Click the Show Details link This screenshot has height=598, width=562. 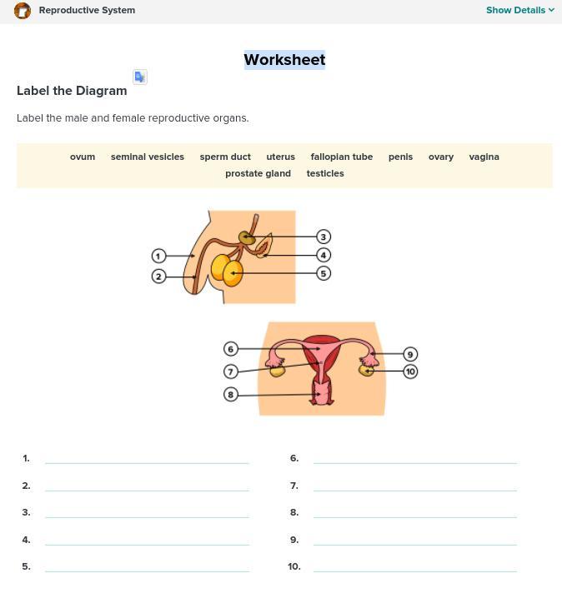(520, 10)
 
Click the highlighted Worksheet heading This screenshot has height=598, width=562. (284, 60)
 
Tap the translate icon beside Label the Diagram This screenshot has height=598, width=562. (140, 77)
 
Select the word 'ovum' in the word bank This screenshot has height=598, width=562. (83, 157)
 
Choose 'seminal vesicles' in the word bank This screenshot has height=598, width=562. (148, 157)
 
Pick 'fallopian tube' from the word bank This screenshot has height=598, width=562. (342, 157)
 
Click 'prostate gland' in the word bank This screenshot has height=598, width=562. (258, 173)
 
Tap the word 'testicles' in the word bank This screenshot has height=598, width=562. (325, 173)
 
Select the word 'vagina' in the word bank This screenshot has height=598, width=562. (484, 157)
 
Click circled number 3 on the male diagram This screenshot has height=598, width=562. (324, 237)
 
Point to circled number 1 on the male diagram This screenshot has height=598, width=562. (158, 256)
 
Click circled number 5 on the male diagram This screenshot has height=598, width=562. (324, 273)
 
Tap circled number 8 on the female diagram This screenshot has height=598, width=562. (231, 394)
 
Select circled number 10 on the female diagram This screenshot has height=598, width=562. (410, 371)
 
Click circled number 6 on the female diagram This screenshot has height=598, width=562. (231, 349)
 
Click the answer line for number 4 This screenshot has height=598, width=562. (147, 545)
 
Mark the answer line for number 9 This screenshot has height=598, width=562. (415, 545)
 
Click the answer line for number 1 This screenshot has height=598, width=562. (147, 463)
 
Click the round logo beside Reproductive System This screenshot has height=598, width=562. (23, 11)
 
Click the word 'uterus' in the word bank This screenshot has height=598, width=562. (281, 157)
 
